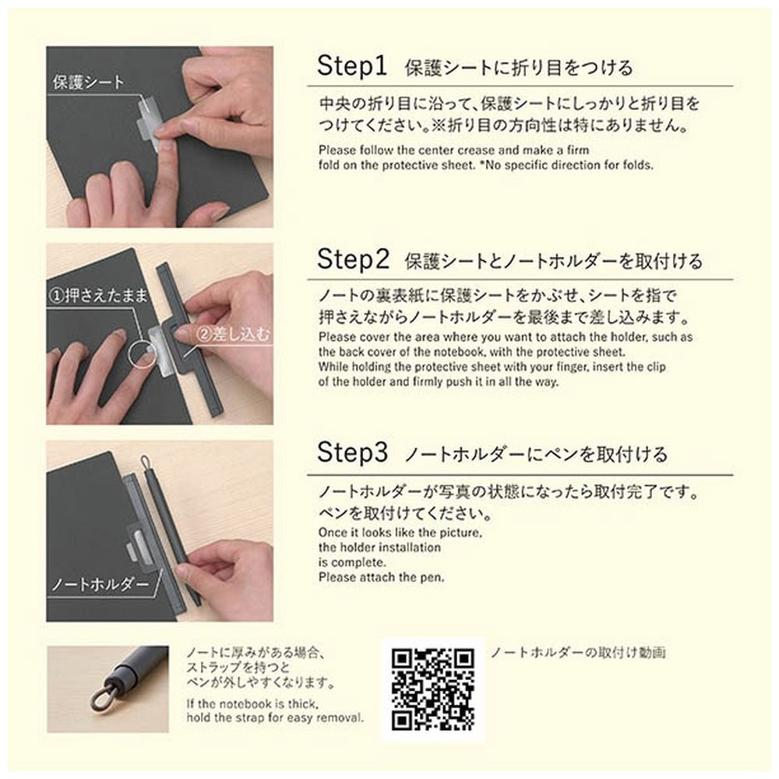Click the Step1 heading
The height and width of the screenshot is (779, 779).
pos(352,65)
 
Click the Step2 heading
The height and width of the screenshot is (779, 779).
pos(353,259)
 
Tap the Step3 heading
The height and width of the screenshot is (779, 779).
pos(352,452)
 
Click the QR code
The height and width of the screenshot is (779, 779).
pos(432,689)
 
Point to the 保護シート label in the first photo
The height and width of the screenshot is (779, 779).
pos(89,82)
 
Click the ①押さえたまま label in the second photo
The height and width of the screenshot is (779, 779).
pos(99,295)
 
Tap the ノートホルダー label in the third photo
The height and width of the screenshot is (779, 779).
pos(100,583)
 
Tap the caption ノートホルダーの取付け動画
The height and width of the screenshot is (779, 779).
pos(578,652)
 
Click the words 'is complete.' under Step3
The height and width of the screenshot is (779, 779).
pos(352,563)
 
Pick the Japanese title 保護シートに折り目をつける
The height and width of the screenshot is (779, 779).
pos(519,68)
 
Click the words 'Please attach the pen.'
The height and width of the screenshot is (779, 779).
pos(382,577)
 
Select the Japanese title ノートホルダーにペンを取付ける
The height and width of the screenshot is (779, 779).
pos(536,454)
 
